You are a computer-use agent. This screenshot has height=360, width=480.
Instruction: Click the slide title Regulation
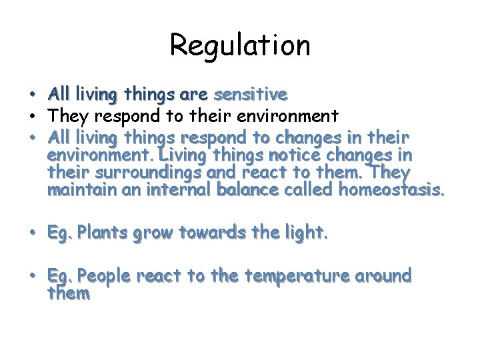pos(240,45)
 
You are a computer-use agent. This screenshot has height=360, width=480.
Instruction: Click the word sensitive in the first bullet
pos(249,95)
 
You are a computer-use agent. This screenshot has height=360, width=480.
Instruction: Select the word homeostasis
pos(390,191)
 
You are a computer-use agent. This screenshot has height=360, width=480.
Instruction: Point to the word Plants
pos(103,233)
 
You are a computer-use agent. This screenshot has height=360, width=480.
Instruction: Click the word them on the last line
pos(68,293)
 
